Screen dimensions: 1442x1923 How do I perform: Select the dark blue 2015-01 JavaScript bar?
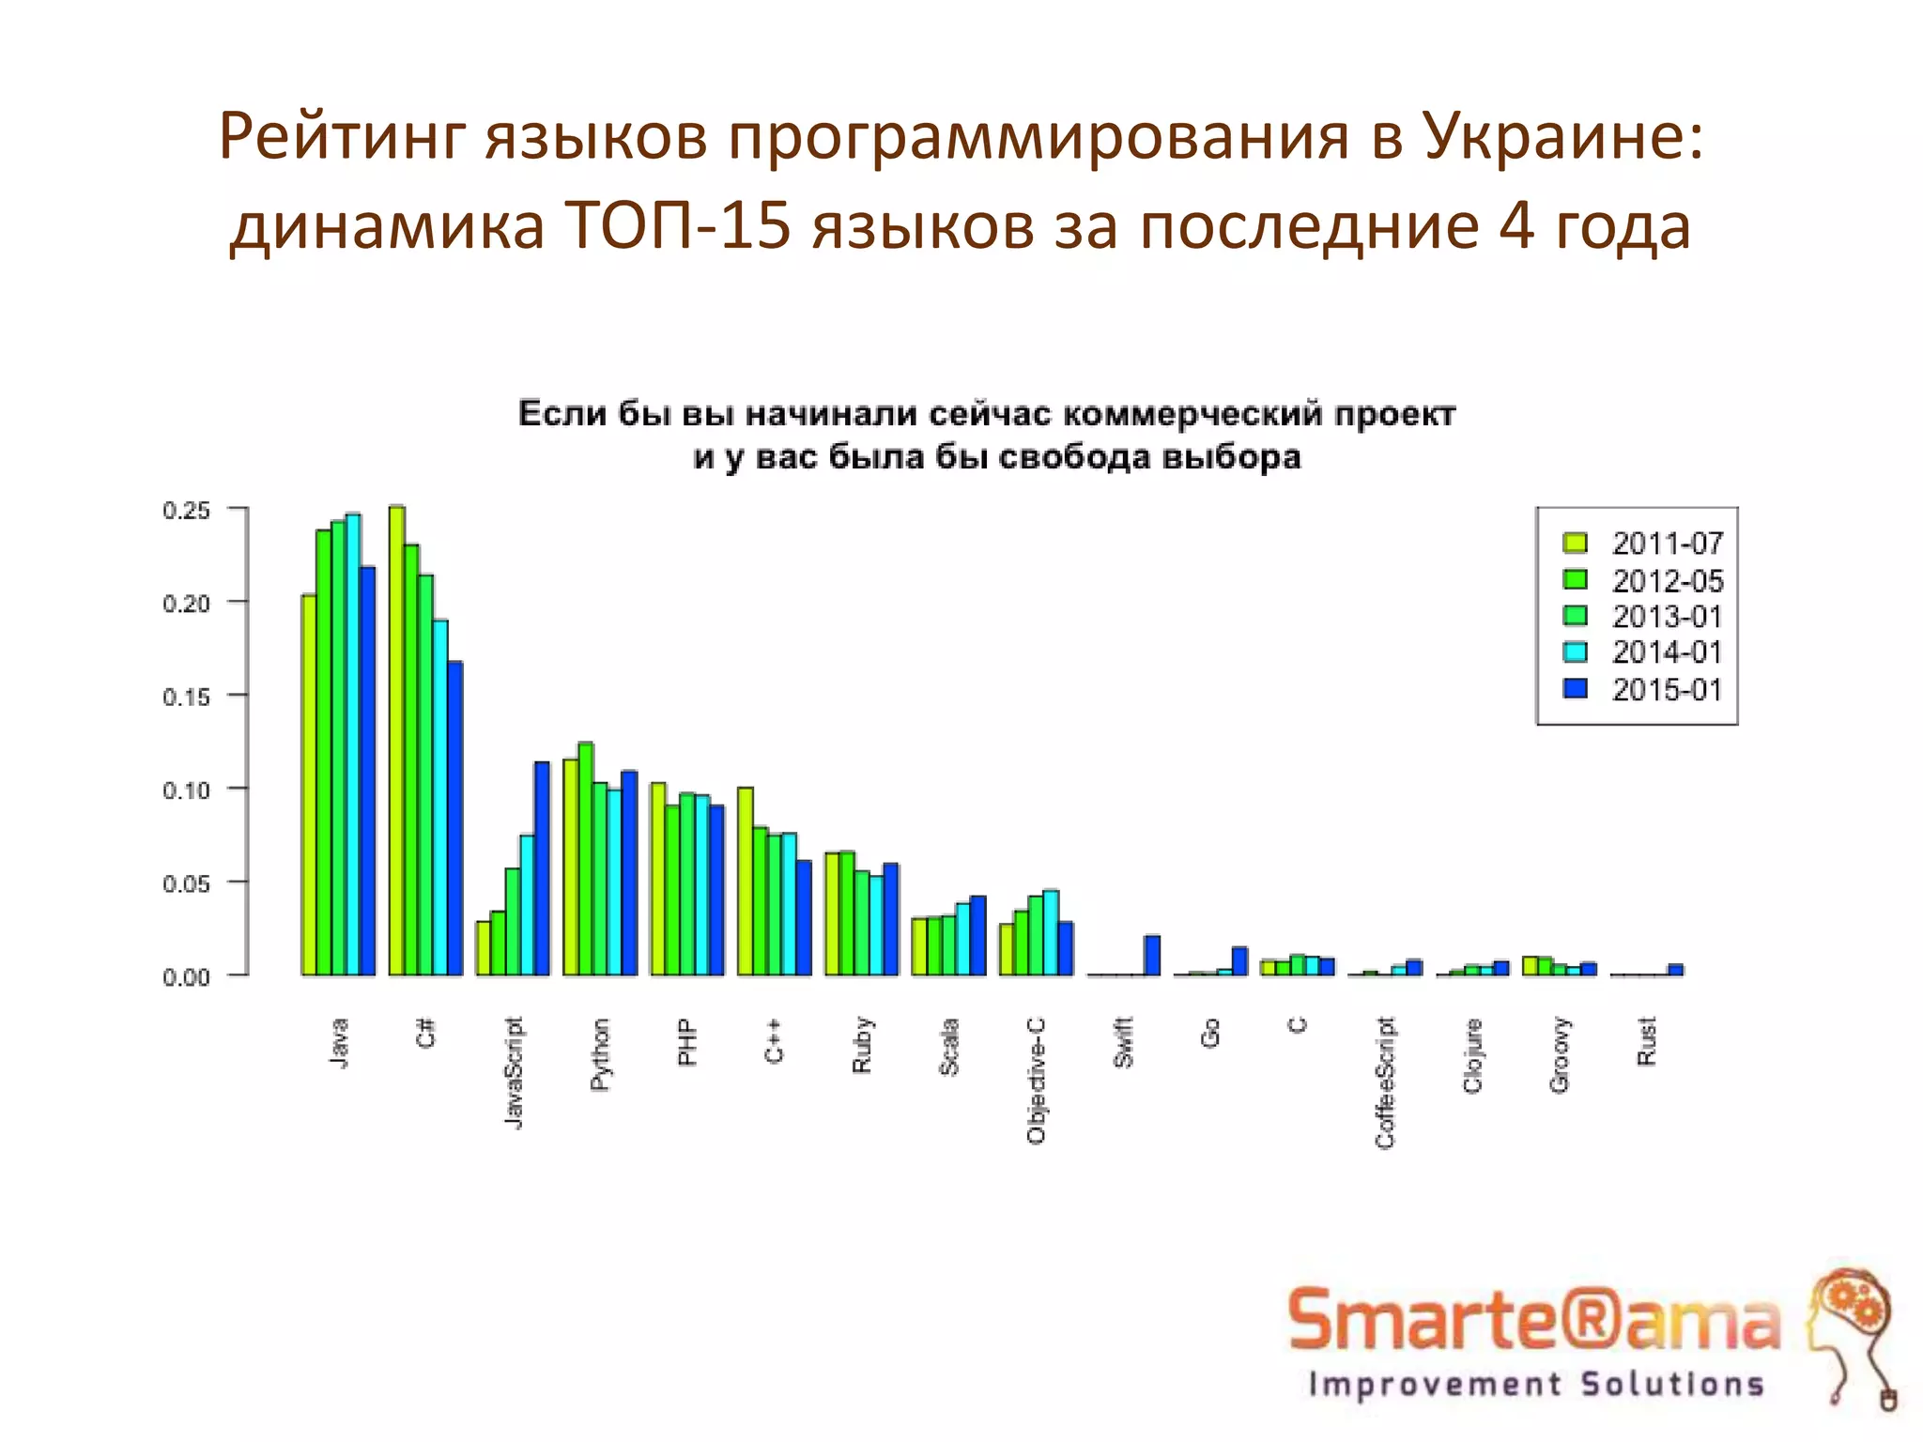click(542, 868)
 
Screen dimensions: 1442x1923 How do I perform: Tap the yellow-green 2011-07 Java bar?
click(309, 785)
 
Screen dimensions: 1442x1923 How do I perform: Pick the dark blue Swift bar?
click(1152, 956)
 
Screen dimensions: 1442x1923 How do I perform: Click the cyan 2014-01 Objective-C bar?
click(1051, 933)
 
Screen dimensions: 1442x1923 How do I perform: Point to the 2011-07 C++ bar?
click(746, 882)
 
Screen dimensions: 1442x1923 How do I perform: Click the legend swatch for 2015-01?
click(1576, 689)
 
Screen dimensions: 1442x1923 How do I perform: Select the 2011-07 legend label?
click(1668, 544)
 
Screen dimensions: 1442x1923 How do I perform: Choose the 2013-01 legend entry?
click(1668, 617)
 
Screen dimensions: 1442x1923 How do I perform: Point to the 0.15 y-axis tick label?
click(186, 697)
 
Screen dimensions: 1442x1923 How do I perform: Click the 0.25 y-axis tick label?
click(186, 511)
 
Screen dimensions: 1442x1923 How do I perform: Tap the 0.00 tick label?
click(186, 977)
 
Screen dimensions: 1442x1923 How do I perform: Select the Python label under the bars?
click(600, 1054)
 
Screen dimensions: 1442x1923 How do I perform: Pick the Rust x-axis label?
click(1647, 1041)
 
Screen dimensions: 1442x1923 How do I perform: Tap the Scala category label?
click(949, 1047)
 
